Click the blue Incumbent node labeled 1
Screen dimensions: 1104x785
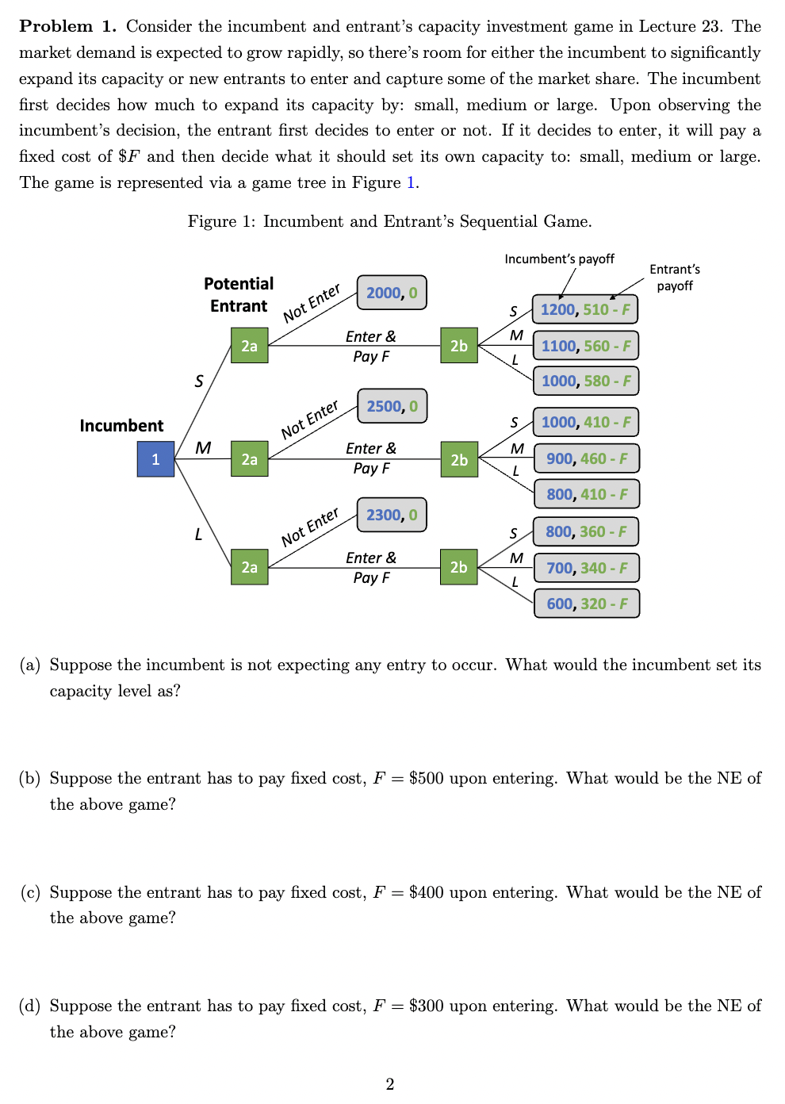(x=155, y=459)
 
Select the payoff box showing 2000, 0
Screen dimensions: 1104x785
(x=392, y=293)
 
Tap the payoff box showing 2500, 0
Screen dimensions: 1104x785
(x=392, y=406)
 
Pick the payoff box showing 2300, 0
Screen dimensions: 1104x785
(x=392, y=515)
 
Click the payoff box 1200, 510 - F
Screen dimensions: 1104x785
(x=585, y=309)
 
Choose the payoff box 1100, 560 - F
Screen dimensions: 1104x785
(x=585, y=346)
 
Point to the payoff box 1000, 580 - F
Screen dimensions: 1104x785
(x=585, y=381)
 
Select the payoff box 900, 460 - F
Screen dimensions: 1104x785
(x=586, y=458)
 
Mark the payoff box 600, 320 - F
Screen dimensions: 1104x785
(x=586, y=604)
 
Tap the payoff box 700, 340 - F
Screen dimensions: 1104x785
(x=586, y=568)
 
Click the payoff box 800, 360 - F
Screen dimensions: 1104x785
(x=586, y=531)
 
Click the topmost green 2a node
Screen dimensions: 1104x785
(x=249, y=346)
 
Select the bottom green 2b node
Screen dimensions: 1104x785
(x=459, y=567)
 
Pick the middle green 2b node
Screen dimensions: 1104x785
(x=459, y=459)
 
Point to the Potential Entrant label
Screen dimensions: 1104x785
(x=239, y=295)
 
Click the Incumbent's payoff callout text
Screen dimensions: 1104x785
(x=559, y=259)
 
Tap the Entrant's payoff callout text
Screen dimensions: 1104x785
(x=675, y=278)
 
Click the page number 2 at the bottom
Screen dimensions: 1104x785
(x=389, y=1084)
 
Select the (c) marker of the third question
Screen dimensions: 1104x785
(x=30, y=892)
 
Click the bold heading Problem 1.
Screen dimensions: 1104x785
(x=67, y=26)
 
